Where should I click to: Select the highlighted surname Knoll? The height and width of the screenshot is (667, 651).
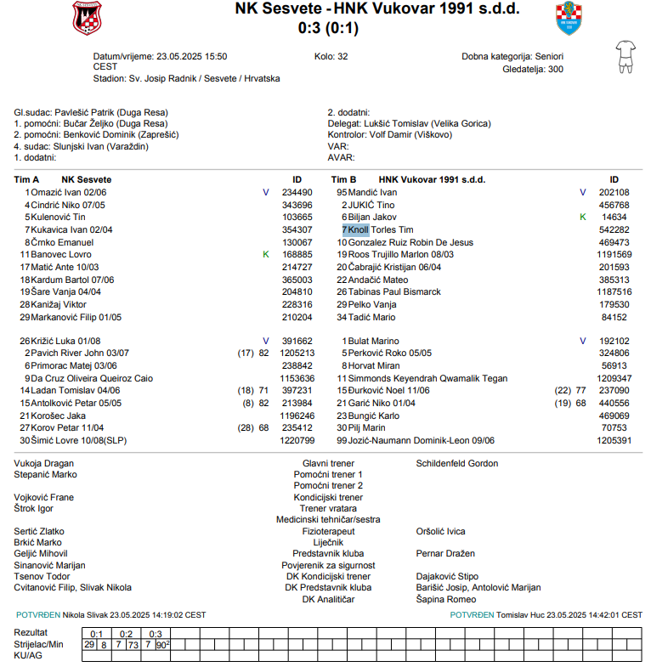tap(358, 229)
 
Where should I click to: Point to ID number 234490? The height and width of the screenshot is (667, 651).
tap(297, 193)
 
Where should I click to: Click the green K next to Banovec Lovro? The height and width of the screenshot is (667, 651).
tap(266, 254)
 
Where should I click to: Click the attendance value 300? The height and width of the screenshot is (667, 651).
tap(555, 70)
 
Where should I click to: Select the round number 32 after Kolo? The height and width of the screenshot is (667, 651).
tap(342, 57)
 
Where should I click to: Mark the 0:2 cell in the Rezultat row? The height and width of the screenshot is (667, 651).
tap(127, 634)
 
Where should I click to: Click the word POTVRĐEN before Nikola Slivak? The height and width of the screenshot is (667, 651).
tap(38, 614)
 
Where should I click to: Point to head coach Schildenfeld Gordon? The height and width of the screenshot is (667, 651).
tap(457, 463)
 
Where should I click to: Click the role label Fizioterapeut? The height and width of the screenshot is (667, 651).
tap(328, 531)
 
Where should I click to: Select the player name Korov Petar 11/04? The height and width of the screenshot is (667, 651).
tap(68, 428)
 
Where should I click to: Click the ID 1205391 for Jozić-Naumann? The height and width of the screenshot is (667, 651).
tap(614, 441)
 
